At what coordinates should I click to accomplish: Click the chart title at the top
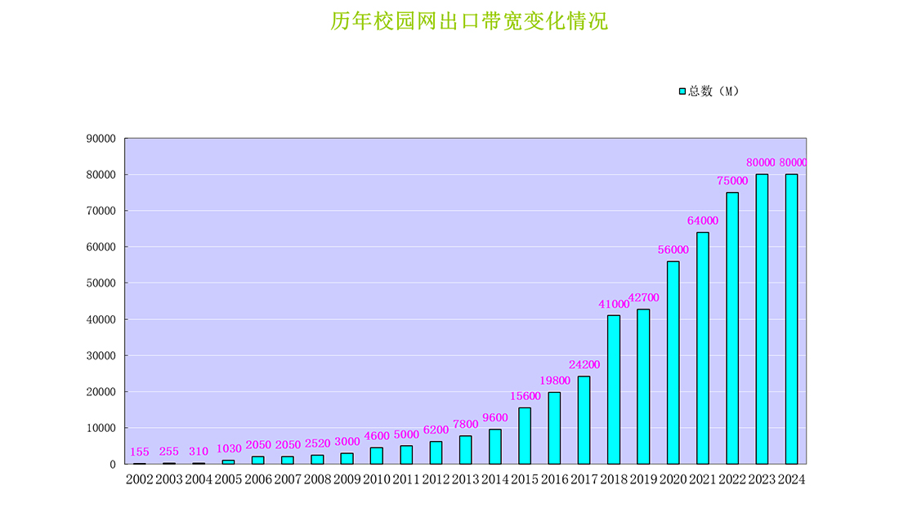[x=469, y=21]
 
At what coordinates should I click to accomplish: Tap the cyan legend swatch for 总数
[x=682, y=91]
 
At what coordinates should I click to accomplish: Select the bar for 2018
[x=614, y=390]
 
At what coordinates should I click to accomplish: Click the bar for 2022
[x=732, y=327]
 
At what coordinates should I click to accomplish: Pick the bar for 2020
[x=673, y=363]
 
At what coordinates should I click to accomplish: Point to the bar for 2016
[x=554, y=428]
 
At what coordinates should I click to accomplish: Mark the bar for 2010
[x=377, y=456]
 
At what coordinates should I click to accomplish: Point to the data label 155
[x=140, y=452]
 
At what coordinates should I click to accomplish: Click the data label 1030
[x=229, y=449]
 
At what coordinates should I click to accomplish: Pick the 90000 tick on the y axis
[x=101, y=139]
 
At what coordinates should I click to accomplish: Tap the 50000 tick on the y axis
[x=101, y=283]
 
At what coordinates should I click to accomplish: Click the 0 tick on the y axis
[x=112, y=464]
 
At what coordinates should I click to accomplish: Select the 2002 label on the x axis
[x=140, y=480]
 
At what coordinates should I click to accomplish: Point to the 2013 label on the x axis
[x=466, y=480]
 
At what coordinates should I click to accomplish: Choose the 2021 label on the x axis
[x=703, y=480]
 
